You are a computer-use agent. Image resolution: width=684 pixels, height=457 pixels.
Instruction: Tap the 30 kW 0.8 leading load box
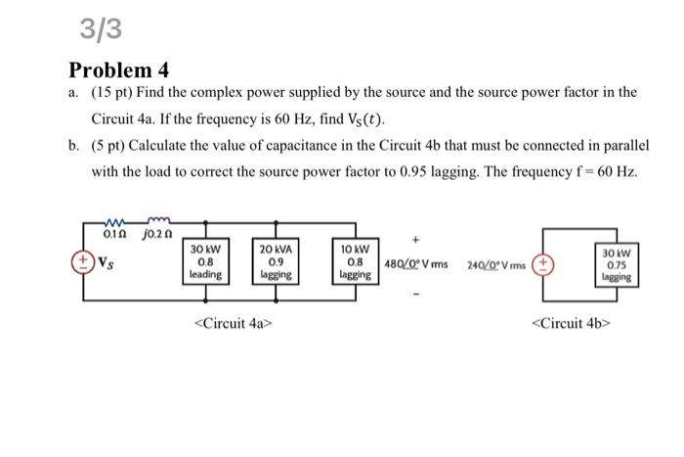(x=207, y=262)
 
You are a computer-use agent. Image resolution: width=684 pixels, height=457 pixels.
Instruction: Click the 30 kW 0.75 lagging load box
(x=616, y=264)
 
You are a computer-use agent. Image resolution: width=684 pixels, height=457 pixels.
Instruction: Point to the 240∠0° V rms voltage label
(x=497, y=264)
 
